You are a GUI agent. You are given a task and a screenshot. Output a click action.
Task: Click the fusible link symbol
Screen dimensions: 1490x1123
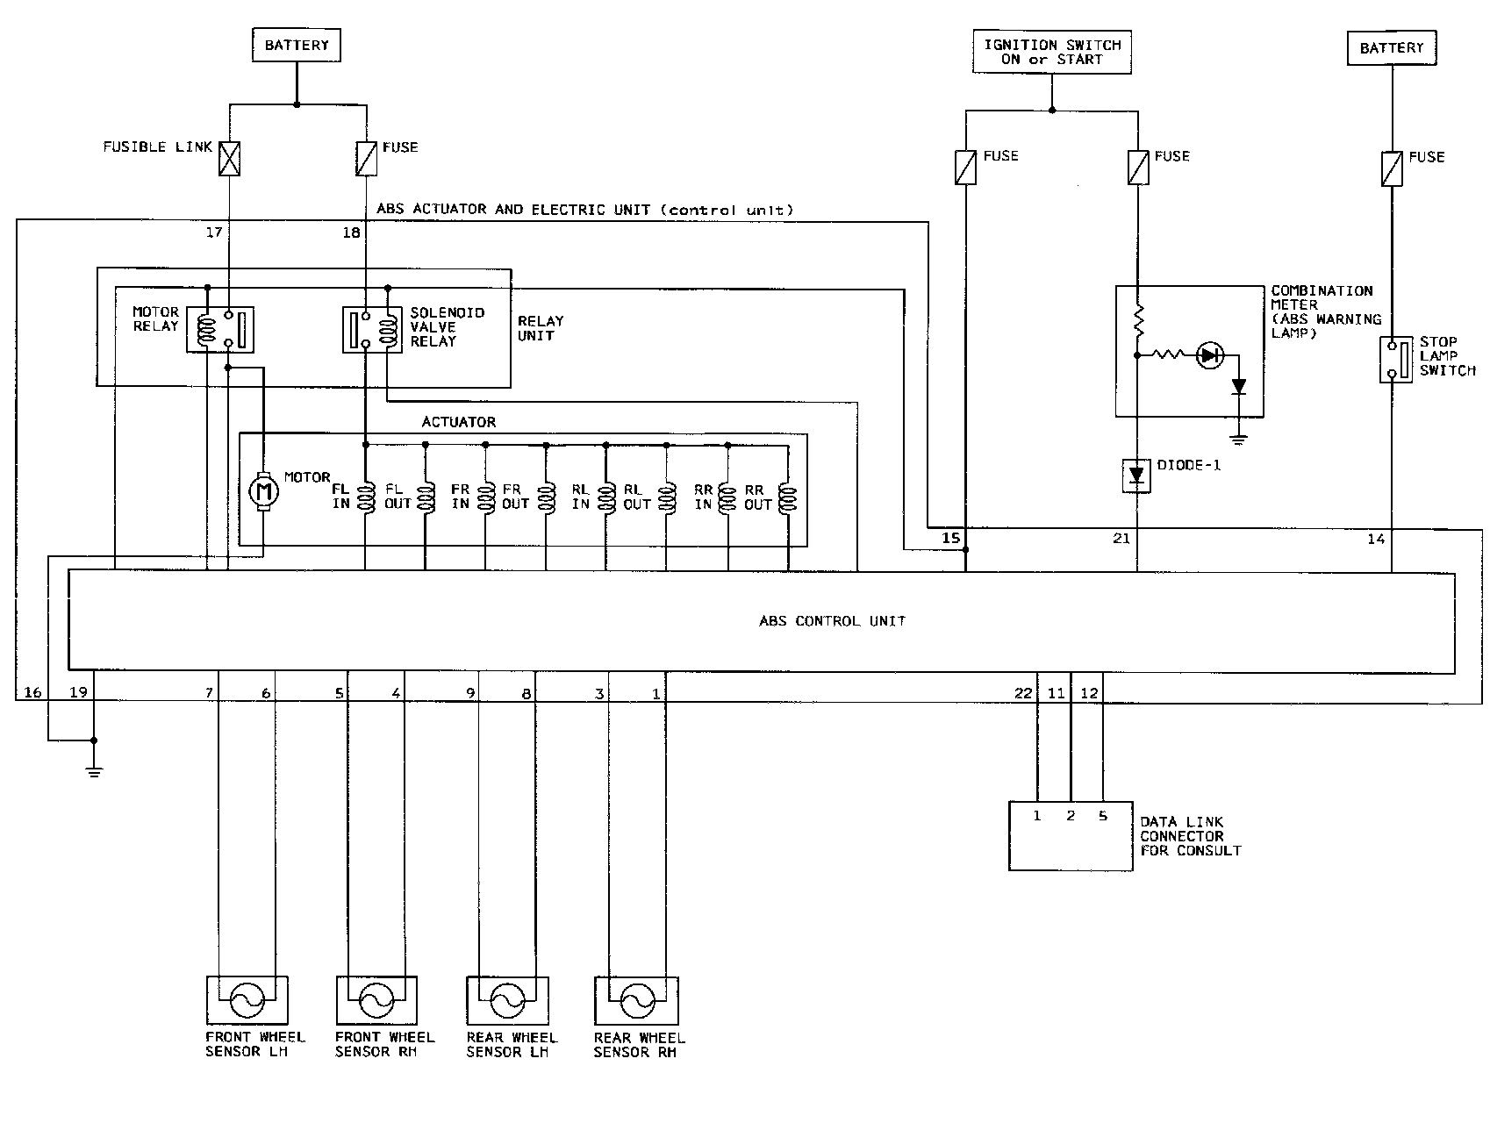coord(229,159)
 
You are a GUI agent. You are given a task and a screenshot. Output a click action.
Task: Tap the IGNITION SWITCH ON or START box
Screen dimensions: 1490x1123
coord(1052,52)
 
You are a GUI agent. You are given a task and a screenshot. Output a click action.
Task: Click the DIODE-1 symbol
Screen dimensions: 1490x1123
coord(1138,476)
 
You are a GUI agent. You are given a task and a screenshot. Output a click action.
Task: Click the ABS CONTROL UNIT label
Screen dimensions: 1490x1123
coord(832,621)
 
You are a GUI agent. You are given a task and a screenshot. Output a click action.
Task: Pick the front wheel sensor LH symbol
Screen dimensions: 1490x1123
coord(247,999)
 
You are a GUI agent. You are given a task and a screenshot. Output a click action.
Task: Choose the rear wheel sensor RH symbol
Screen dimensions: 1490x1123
coord(635,999)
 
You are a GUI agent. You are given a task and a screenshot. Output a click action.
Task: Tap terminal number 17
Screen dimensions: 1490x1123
coord(214,232)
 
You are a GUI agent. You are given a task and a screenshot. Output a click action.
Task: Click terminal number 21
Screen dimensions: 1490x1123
coord(1121,538)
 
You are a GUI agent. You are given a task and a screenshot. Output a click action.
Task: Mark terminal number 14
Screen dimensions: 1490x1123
coord(1375,538)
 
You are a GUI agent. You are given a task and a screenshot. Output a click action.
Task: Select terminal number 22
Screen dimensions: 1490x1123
coord(1023,693)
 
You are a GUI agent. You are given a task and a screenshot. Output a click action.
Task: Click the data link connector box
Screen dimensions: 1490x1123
coord(1070,836)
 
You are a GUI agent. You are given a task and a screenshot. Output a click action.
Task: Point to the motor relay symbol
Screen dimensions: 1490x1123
coord(220,330)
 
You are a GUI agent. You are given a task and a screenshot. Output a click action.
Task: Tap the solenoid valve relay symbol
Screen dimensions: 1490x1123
coord(372,330)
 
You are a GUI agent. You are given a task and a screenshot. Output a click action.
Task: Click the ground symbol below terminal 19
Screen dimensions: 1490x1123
coord(94,770)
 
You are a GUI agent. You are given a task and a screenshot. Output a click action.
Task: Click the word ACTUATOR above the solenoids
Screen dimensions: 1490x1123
coord(458,422)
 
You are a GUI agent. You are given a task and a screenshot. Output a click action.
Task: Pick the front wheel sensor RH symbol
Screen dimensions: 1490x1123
coord(376,999)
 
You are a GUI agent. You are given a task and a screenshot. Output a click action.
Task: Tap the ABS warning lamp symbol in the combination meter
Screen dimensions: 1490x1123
coord(1211,355)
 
